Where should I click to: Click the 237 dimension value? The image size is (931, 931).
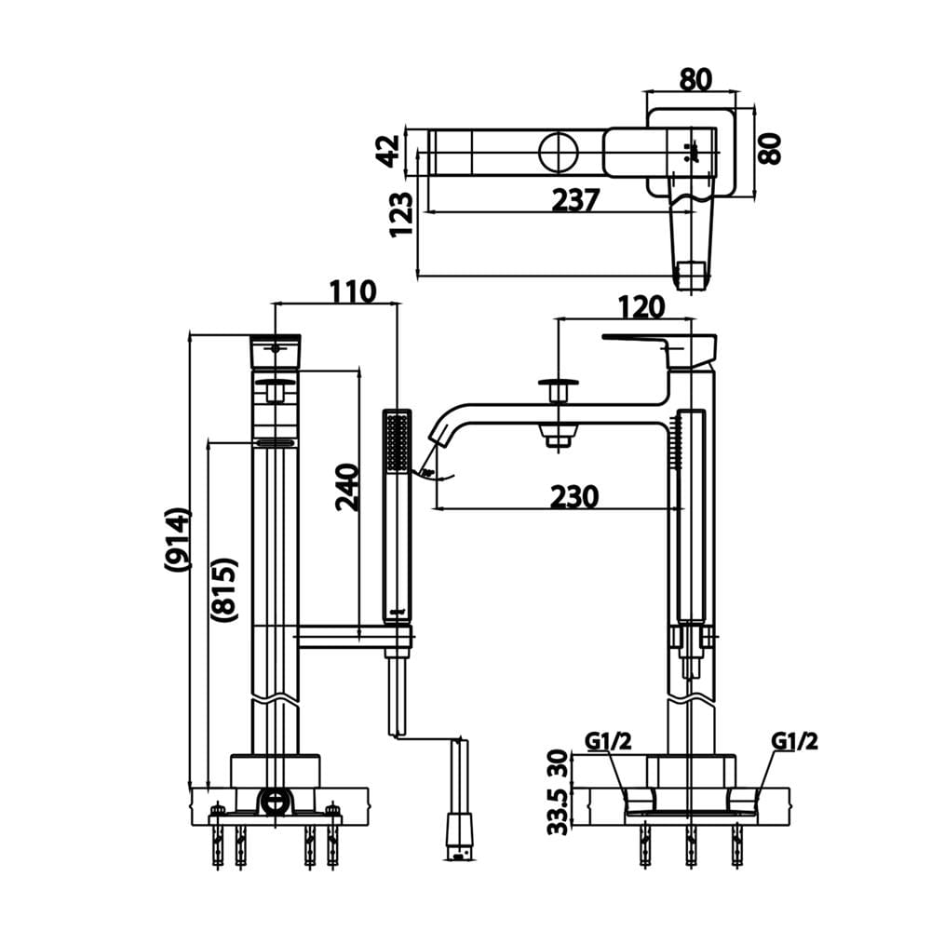pyautogui.click(x=575, y=199)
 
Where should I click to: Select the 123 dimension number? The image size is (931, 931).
pyautogui.click(x=400, y=214)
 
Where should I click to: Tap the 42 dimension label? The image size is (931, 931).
pyautogui.click(x=389, y=151)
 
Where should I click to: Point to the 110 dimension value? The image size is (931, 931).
pyautogui.click(x=353, y=291)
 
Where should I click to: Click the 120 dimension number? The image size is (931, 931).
pyautogui.click(x=641, y=307)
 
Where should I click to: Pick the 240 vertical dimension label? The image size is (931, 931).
pyautogui.click(x=347, y=488)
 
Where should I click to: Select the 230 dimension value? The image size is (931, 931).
pyautogui.click(x=574, y=496)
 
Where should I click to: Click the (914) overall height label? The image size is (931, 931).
pyautogui.click(x=178, y=539)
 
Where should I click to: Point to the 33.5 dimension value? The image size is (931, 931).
pyautogui.click(x=558, y=812)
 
